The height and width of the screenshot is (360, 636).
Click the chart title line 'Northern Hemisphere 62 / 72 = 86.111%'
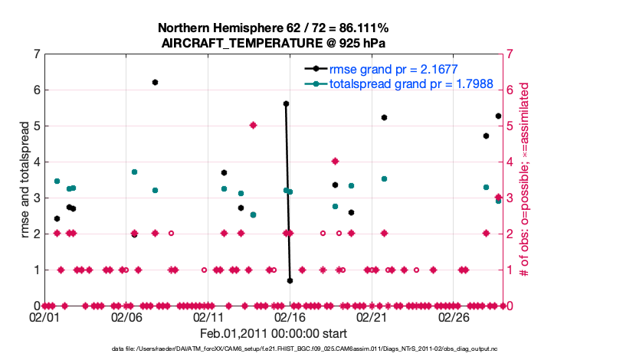(274, 29)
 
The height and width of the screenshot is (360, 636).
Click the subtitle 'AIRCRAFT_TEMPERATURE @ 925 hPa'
(274, 44)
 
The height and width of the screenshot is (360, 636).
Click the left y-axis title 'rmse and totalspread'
(25, 180)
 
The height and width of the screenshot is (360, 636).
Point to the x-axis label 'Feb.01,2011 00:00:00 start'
(274, 333)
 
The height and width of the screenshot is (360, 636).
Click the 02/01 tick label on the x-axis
(44, 316)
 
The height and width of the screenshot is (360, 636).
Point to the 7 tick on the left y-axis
(36, 54)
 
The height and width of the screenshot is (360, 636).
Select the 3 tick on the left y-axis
(36, 198)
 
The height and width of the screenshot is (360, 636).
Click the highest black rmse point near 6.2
(155, 82)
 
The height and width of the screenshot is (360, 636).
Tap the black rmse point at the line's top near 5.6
(286, 103)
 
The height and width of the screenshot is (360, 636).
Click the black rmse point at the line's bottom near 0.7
(290, 280)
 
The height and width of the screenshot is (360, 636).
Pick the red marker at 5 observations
(253, 126)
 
